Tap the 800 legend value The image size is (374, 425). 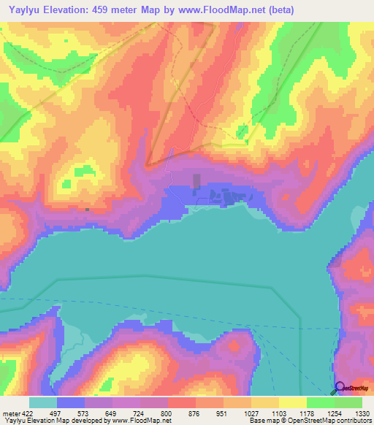tap(167, 413)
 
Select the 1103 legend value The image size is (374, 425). tap(278, 413)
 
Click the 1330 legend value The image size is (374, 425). tap(361, 413)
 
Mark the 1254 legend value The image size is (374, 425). tap(333, 413)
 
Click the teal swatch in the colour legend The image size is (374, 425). tap(42, 402)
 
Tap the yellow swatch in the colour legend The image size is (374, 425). tap(292, 402)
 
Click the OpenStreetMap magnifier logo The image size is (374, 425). tap(340, 387)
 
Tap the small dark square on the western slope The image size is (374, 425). tap(87, 209)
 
